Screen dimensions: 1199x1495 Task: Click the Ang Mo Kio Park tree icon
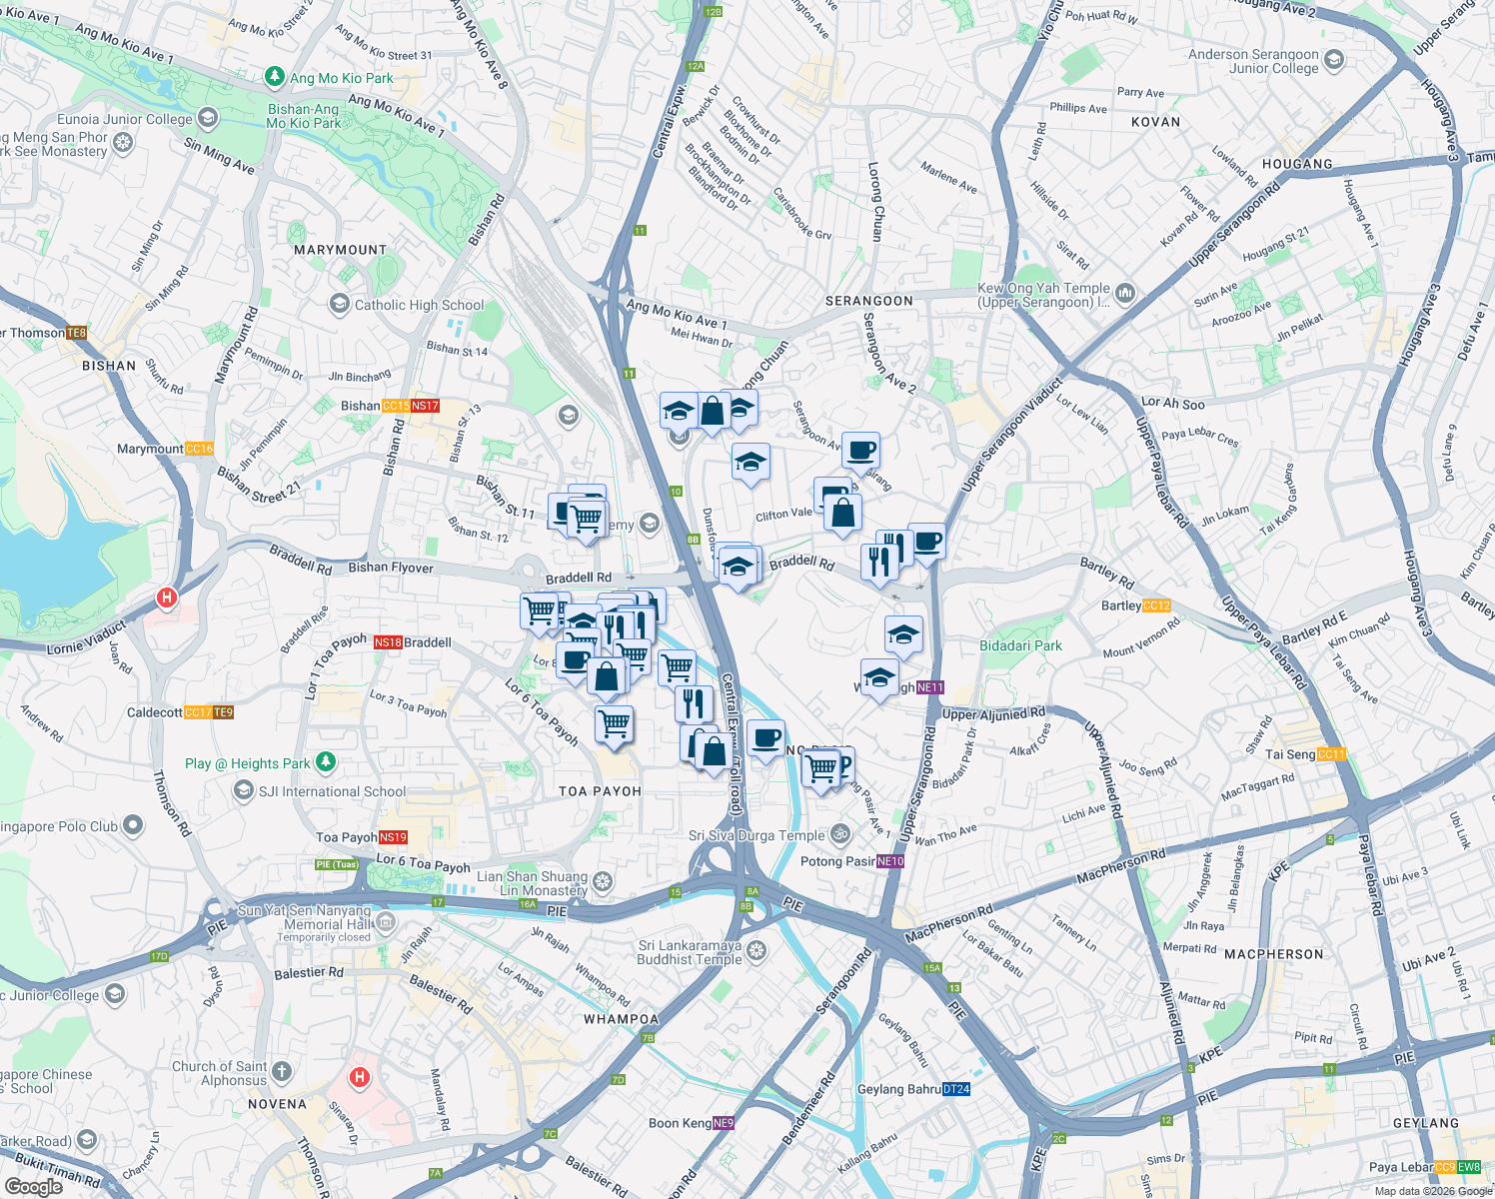(275, 77)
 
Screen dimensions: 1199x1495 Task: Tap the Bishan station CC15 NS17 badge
(411, 406)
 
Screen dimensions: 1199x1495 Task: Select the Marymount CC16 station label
(165, 449)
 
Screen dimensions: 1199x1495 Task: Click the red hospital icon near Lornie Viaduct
(166, 599)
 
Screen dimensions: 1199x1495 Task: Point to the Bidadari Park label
(1020, 645)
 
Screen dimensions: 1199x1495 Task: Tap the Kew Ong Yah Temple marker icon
(1126, 293)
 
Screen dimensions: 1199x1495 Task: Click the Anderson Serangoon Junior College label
(1253, 62)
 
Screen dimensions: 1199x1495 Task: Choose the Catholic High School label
(419, 305)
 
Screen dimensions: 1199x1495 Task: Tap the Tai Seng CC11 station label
(1305, 754)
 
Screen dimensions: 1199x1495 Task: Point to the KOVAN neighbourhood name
(1155, 122)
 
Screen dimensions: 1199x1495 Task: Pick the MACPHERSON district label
(1273, 954)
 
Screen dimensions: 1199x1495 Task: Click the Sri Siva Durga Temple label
(756, 835)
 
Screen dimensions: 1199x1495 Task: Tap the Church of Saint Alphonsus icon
(282, 1072)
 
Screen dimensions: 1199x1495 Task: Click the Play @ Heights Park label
(248, 763)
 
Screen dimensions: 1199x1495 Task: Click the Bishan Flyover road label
(391, 568)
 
